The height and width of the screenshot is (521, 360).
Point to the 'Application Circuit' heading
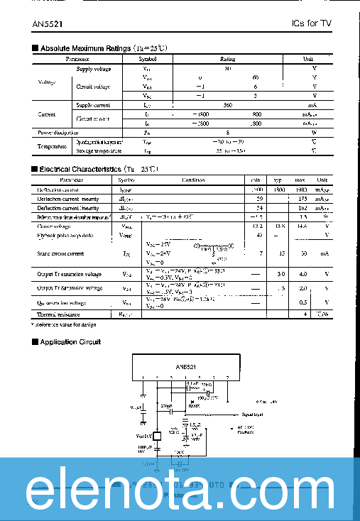point(69,342)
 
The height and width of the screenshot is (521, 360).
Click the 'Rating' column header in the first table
point(227,60)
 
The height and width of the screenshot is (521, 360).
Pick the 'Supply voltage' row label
point(93,69)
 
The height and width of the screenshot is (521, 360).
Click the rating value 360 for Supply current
point(228,105)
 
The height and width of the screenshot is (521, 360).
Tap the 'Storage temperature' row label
point(99,150)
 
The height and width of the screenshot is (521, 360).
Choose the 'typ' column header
point(280,180)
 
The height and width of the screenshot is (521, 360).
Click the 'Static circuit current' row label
point(60,253)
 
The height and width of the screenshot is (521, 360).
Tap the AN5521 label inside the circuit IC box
point(186,366)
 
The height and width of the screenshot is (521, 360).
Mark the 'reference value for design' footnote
point(65,324)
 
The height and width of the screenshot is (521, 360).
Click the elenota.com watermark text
point(180,491)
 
